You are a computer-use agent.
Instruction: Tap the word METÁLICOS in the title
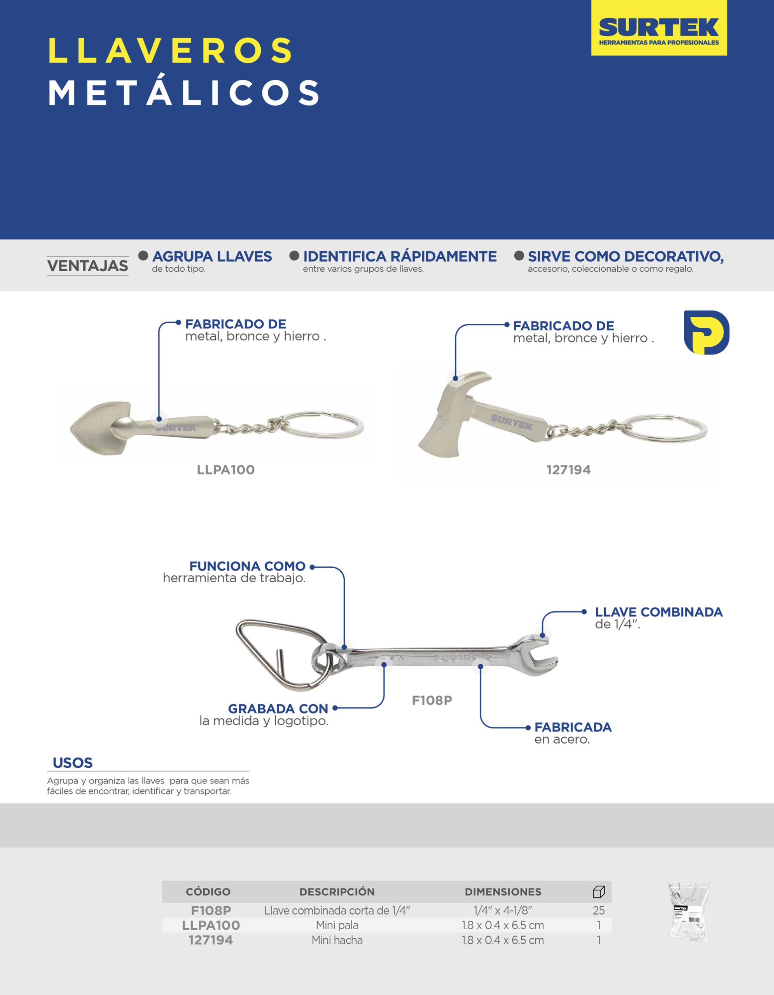(x=185, y=93)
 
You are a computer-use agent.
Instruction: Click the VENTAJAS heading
(x=87, y=265)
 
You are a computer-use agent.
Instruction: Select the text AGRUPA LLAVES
(x=212, y=257)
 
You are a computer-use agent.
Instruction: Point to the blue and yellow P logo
(x=706, y=333)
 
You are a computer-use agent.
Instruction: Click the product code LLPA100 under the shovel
(x=225, y=470)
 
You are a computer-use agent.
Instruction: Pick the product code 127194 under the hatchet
(x=568, y=470)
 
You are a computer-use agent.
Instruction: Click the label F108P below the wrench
(x=432, y=700)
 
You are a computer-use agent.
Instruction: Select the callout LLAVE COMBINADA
(x=658, y=612)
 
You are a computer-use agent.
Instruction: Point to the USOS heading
(x=72, y=763)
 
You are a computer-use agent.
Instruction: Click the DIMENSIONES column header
(x=503, y=892)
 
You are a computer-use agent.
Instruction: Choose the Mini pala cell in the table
(x=337, y=925)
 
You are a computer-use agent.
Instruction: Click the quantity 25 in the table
(x=598, y=910)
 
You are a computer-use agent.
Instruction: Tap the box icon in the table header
(x=599, y=892)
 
